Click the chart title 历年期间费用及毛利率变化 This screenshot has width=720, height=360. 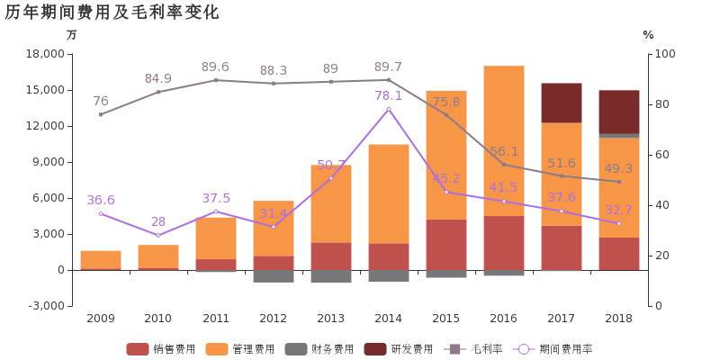click(112, 13)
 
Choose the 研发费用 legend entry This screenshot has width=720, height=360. click(400, 348)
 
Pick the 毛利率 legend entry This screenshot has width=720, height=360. click(475, 348)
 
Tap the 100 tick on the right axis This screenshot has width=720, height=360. click(664, 54)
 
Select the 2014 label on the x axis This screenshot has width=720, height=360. click(388, 319)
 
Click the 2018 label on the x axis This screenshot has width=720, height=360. click(618, 319)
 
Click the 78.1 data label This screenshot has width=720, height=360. click(388, 95)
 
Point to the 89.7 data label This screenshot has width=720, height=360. click(388, 67)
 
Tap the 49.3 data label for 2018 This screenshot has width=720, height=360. click(618, 168)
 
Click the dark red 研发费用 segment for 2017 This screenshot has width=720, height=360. click(562, 103)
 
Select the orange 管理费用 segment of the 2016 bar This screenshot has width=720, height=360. click(504, 140)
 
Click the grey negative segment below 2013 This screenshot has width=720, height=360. click(331, 276)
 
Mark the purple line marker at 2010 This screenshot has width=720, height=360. click(158, 235)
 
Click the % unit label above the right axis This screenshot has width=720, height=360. click(647, 35)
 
